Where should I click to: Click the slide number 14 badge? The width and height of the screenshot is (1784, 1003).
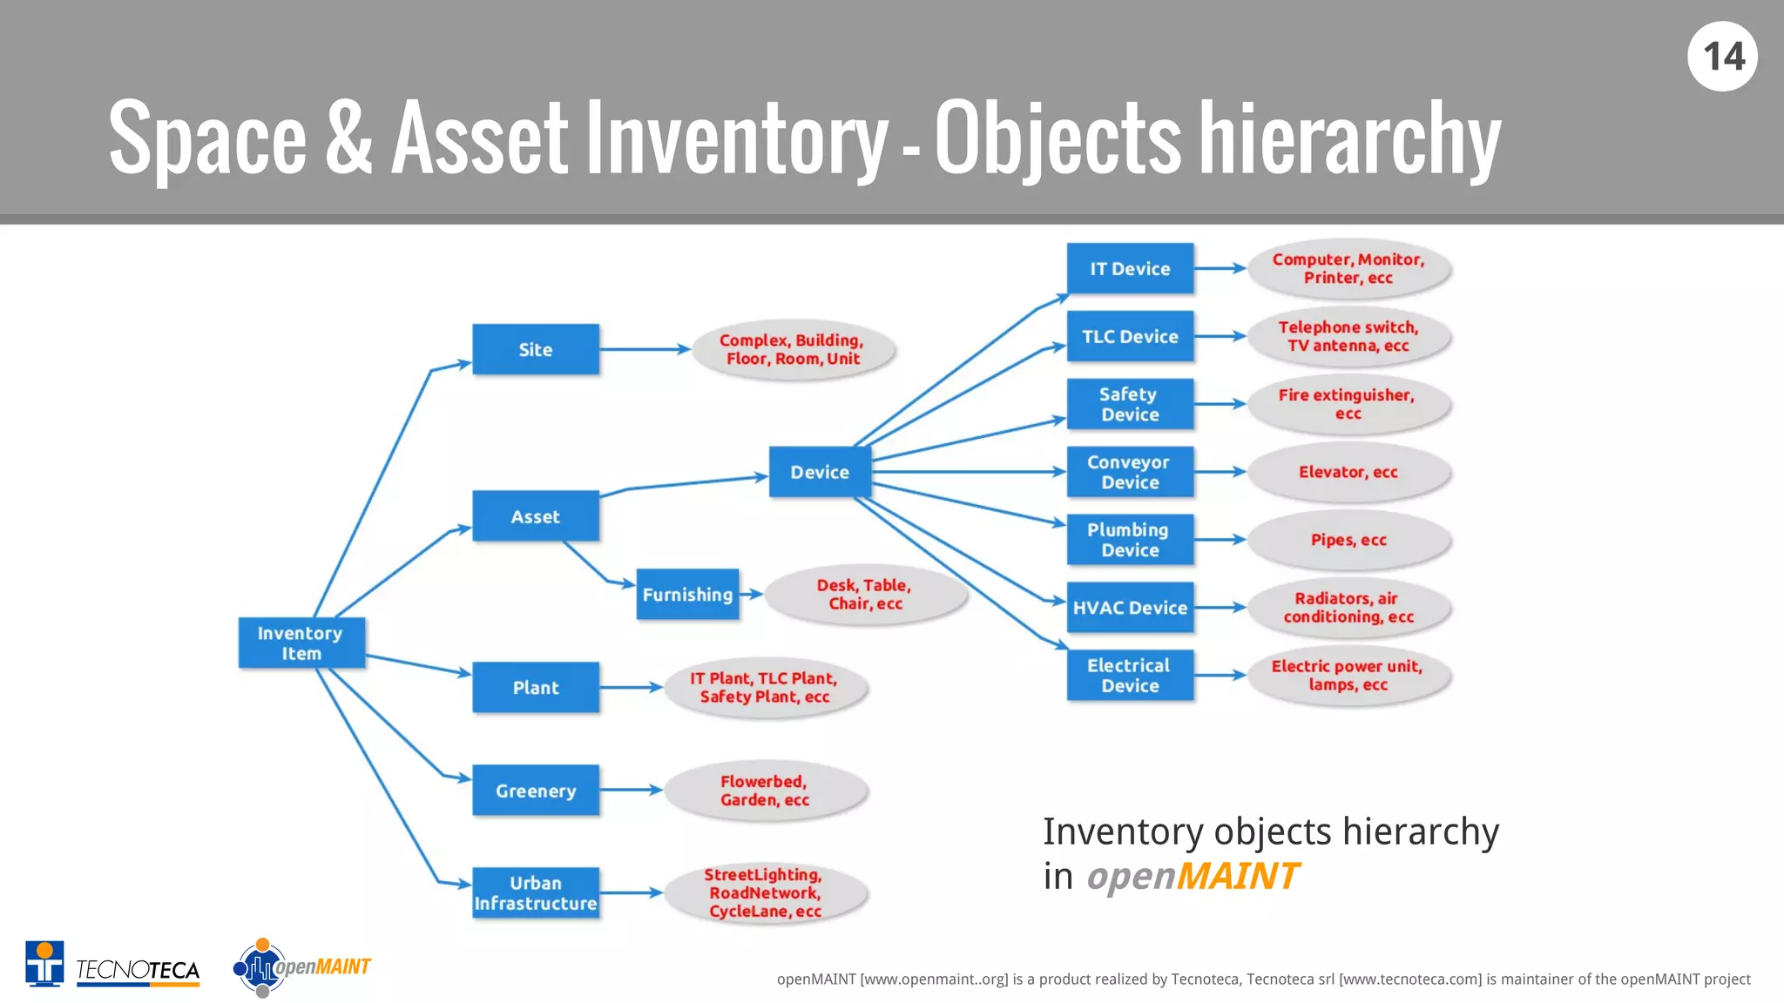[1722, 57]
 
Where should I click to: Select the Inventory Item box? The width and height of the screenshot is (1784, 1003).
[301, 643]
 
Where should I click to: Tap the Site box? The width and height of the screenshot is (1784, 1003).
[536, 350]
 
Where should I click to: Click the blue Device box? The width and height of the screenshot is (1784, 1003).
[820, 472]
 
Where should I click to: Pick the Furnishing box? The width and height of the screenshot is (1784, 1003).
[687, 595]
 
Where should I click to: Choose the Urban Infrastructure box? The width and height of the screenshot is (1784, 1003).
[536, 892]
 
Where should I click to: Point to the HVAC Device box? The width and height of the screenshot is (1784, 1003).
[1130, 608]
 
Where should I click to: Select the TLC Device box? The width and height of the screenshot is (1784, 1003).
[1130, 336]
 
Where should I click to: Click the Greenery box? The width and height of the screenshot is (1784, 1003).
[536, 791]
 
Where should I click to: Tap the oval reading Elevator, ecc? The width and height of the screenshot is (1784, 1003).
[1348, 472]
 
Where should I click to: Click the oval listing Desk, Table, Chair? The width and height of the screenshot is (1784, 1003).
[865, 595]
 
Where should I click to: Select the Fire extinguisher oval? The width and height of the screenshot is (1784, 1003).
[1348, 404]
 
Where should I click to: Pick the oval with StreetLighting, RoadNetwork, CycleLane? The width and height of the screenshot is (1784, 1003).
[765, 892]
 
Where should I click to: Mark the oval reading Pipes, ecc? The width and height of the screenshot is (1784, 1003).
[1348, 540]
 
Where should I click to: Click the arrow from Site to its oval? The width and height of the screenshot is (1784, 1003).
[645, 350]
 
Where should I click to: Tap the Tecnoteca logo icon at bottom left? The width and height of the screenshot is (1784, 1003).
[44, 964]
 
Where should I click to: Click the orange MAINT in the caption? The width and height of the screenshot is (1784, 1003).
[1237, 876]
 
